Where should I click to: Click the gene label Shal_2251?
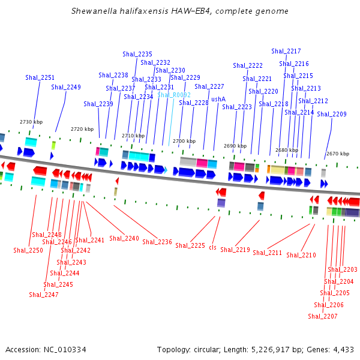tap(40, 77)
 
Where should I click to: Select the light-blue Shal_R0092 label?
tap(174, 95)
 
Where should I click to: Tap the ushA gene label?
tap(218, 99)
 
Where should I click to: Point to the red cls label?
tap(213, 247)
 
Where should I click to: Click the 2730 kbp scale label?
tap(31, 122)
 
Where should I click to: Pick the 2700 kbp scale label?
tap(184, 141)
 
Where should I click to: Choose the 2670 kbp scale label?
tap(338, 154)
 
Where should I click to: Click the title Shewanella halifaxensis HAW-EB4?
tap(141, 11)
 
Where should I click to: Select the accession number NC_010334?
tap(65, 350)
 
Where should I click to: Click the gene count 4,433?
tap(343, 350)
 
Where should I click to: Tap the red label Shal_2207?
tap(323, 316)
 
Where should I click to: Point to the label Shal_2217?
tap(286, 51)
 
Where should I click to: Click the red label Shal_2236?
tap(157, 242)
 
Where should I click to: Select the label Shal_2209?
tap(332, 114)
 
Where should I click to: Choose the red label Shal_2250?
tap(28, 250)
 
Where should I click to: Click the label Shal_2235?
tap(137, 54)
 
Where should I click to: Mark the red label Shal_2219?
tap(235, 250)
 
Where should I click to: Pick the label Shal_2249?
tap(66, 87)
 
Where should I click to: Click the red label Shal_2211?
tap(267, 253)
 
